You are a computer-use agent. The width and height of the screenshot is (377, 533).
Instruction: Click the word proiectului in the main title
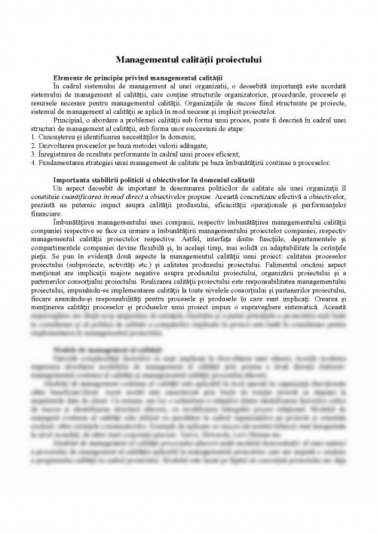[x=235, y=59]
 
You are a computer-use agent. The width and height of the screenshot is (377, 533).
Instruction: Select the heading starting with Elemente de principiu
[x=138, y=78]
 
